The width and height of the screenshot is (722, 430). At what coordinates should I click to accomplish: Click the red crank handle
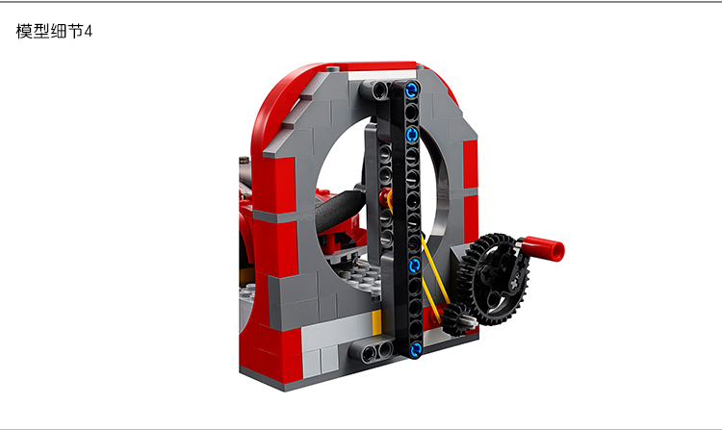point(543,249)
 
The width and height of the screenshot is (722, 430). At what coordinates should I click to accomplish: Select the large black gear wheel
point(494,279)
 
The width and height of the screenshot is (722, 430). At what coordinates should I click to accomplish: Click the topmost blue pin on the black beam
point(412,89)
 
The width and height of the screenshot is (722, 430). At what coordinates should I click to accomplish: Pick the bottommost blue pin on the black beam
point(415,349)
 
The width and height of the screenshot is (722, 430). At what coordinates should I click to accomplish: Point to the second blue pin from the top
point(412,135)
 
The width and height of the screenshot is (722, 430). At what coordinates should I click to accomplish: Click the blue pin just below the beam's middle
point(414,266)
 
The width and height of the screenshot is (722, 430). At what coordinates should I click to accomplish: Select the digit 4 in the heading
point(88,32)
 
